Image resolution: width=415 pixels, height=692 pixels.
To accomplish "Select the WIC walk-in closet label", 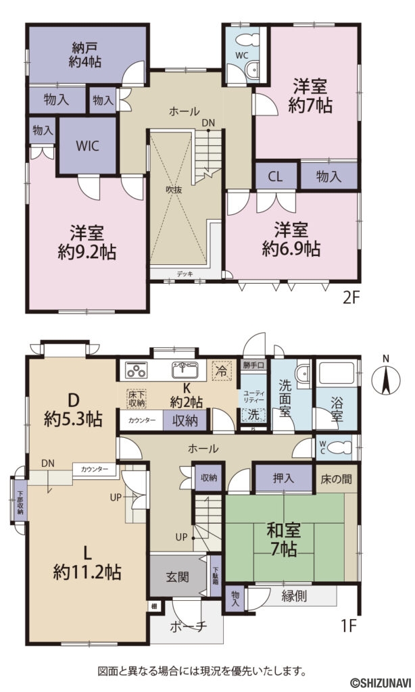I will pyautogui.click(x=88, y=145).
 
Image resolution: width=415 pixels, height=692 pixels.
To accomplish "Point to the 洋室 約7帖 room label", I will pyautogui.click(x=312, y=97).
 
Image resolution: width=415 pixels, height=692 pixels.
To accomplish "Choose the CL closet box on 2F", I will pyautogui.click(x=274, y=177).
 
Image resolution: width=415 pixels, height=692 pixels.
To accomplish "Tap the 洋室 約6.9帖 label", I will pyautogui.click(x=291, y=239).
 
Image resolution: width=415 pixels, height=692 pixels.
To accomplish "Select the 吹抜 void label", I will pyautogui.click(x=174, y=190).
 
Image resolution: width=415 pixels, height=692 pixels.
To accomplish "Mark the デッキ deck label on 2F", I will pyautogui.click(x=185, y=274).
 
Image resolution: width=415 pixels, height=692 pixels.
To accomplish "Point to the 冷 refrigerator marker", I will pyautogui.click(x=221, y=370).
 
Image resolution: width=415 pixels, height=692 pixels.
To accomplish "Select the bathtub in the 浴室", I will pyautogui.click(x=336, y=373).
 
